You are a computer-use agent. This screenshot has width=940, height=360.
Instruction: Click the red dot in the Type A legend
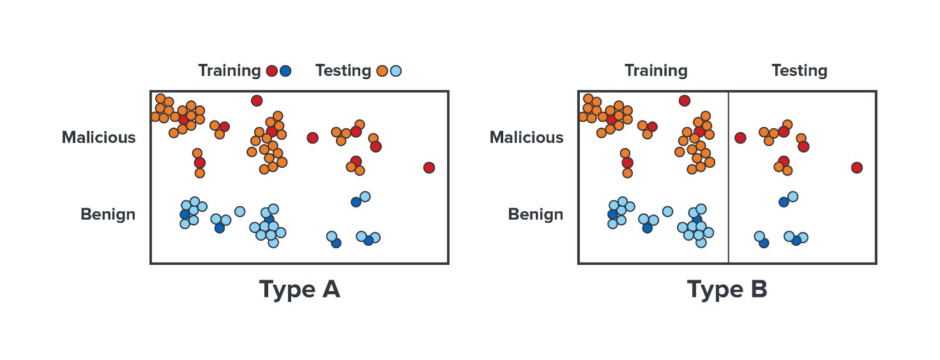pos(272,71)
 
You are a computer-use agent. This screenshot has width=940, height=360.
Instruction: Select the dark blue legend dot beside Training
pos(285,71)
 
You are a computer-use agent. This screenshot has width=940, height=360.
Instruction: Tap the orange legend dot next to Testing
pos(382,71)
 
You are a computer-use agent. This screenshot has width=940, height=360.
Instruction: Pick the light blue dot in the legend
pos(396,71)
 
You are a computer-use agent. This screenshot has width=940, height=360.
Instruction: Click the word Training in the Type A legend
pos(229,71)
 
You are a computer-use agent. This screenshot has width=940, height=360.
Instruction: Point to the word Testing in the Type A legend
pos(344,71)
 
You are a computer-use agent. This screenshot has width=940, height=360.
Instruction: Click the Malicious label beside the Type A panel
pos(98,137)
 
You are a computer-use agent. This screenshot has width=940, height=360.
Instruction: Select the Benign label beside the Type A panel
pos(108,214)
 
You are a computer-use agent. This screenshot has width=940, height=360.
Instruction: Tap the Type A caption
pos(299,290)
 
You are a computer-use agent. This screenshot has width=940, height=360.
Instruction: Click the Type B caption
pos(727,290)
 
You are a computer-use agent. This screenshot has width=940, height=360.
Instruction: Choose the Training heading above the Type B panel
pos(656,71)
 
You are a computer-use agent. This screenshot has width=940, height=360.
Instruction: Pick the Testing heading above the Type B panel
pos(800,71)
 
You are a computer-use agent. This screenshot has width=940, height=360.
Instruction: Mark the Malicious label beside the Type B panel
pos(527,137)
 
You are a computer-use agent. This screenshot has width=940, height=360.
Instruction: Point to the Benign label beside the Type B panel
pos(536,214)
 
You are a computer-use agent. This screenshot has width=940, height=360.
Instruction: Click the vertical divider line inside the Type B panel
pos(728,177)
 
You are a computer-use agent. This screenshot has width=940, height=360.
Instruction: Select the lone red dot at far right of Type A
pos(429,168)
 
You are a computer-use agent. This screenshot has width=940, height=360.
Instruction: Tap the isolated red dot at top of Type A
pos(257,101)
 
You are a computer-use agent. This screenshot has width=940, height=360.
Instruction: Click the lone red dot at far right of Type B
pos(857,168)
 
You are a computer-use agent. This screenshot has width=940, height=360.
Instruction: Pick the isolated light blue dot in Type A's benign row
pos(240,211)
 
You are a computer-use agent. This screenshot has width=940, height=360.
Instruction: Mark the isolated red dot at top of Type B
pos(685,101)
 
